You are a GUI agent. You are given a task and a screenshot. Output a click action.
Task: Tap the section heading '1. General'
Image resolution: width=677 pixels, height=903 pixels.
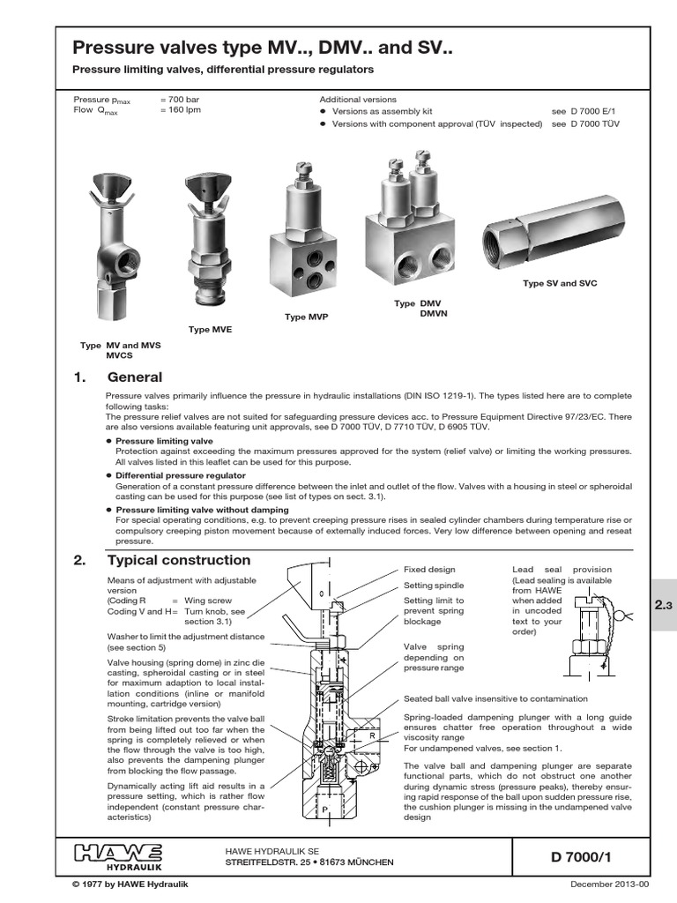[118, 377]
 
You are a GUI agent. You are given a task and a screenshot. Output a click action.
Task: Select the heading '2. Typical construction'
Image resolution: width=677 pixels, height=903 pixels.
[163, 560]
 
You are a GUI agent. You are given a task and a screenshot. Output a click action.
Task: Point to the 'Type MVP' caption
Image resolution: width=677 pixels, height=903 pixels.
[306, 316]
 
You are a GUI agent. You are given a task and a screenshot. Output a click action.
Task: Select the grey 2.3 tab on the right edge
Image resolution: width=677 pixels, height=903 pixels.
[663, 605]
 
